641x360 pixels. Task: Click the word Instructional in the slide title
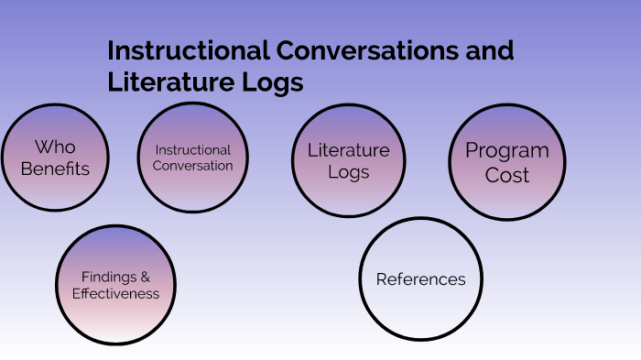(188, 50)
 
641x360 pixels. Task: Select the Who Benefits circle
(55, 158)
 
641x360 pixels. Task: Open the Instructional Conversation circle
(193, 158)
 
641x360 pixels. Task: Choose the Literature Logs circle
(348, 161)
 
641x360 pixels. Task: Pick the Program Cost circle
(506, 163)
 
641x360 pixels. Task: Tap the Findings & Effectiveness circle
(115, 285)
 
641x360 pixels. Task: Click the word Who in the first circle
(55, 147)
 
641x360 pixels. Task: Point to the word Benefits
(55, 169)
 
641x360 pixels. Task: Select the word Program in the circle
(506, 151)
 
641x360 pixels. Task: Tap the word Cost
(506, 175)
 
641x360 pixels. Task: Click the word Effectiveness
(115, 294)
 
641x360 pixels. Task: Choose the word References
(420, 279)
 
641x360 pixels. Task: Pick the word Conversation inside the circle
(193, 166)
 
